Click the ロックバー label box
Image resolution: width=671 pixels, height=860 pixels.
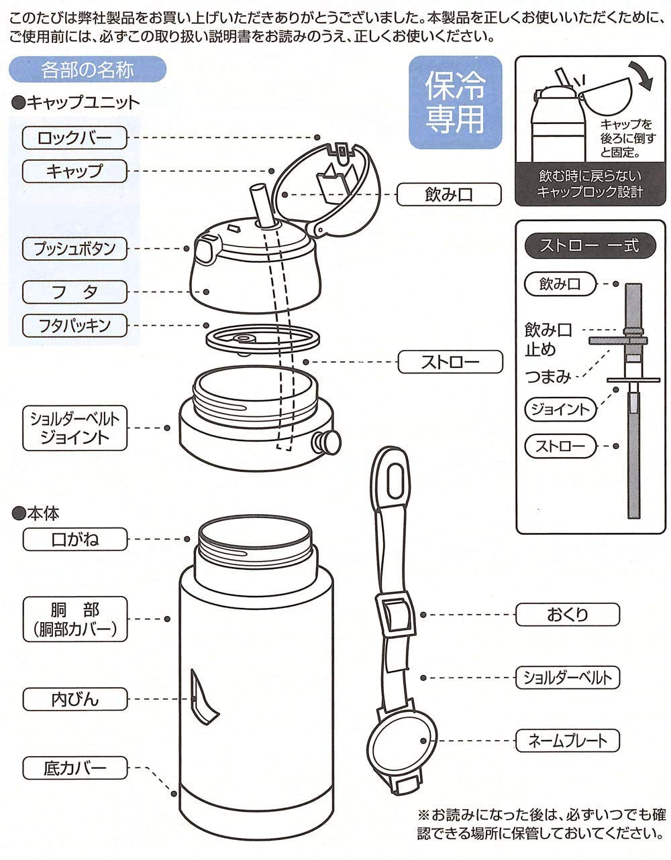pyautogui.click(x=74, y=139)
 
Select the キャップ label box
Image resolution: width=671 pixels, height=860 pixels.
pyautogui.click(x=74, y=171)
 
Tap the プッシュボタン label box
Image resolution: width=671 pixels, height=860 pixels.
pyautogui.click(x=74, y=249)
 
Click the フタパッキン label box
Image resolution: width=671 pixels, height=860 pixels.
pyautogui.click(x=74, y=326)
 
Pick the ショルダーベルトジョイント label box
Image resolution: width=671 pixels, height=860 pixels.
pyautogui.click(x=74, y=428)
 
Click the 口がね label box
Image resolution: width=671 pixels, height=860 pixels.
pyautogui.click(x=74, y=539)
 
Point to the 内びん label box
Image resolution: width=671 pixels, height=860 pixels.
pyautogui.click(x=74, y=699)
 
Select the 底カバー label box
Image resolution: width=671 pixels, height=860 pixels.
pyautogui.click(x=74, y=767)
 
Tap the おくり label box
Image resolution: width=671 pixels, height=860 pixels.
pyautogui.click(x=567, y=614)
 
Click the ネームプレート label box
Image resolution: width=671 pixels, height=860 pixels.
pyautogui.click(x=567, y=740)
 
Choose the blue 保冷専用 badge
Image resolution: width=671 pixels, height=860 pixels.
pyautogui.click(x=455, y=102)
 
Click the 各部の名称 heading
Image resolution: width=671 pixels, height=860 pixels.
pyautogui.click(x=87, y=69)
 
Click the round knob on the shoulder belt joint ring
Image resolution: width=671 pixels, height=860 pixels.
pyautogui.click(x=329, y=441)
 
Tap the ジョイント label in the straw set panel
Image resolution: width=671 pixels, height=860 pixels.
pyautogui.click(x=558, y=409)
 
